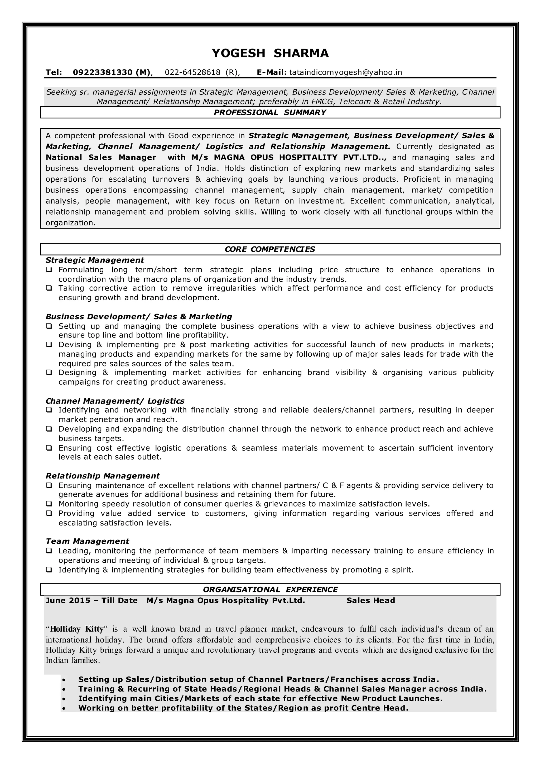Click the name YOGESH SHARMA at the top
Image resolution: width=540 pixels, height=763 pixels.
pos(270,53)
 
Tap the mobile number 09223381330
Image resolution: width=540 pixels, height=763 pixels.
pos(102,73)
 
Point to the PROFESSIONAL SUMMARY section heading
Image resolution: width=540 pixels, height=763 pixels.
pos(270,112)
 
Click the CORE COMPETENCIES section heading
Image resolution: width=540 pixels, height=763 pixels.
pos(270,249)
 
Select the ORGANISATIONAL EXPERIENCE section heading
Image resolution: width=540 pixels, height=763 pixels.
pos(270,590)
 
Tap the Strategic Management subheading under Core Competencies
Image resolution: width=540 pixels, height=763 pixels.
pos(95,260)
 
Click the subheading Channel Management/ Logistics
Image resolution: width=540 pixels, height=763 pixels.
pos(115,401)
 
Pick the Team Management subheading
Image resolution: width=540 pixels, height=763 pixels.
pos(87,541)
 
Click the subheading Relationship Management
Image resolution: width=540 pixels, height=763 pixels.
pos(102,476)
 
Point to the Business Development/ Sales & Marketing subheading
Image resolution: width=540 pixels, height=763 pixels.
pos(139,316)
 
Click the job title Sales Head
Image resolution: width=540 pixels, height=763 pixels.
pos(370,600)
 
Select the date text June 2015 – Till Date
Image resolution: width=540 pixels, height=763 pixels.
pos(91,600)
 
